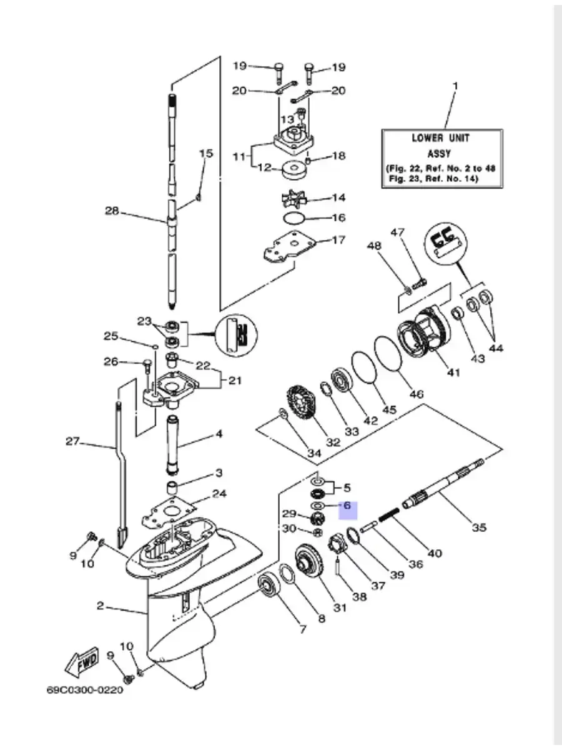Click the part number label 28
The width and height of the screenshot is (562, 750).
coord(112,211)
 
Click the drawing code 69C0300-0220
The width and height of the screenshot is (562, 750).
coord(85,691)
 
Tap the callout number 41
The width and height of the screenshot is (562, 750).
coord(453,372)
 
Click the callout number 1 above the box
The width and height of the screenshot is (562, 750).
coord(455,84)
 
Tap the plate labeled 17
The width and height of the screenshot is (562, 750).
coord(286,249)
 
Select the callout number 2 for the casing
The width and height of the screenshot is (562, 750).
coord(100,605)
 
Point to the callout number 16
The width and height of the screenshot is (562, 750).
coord(338,218)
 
